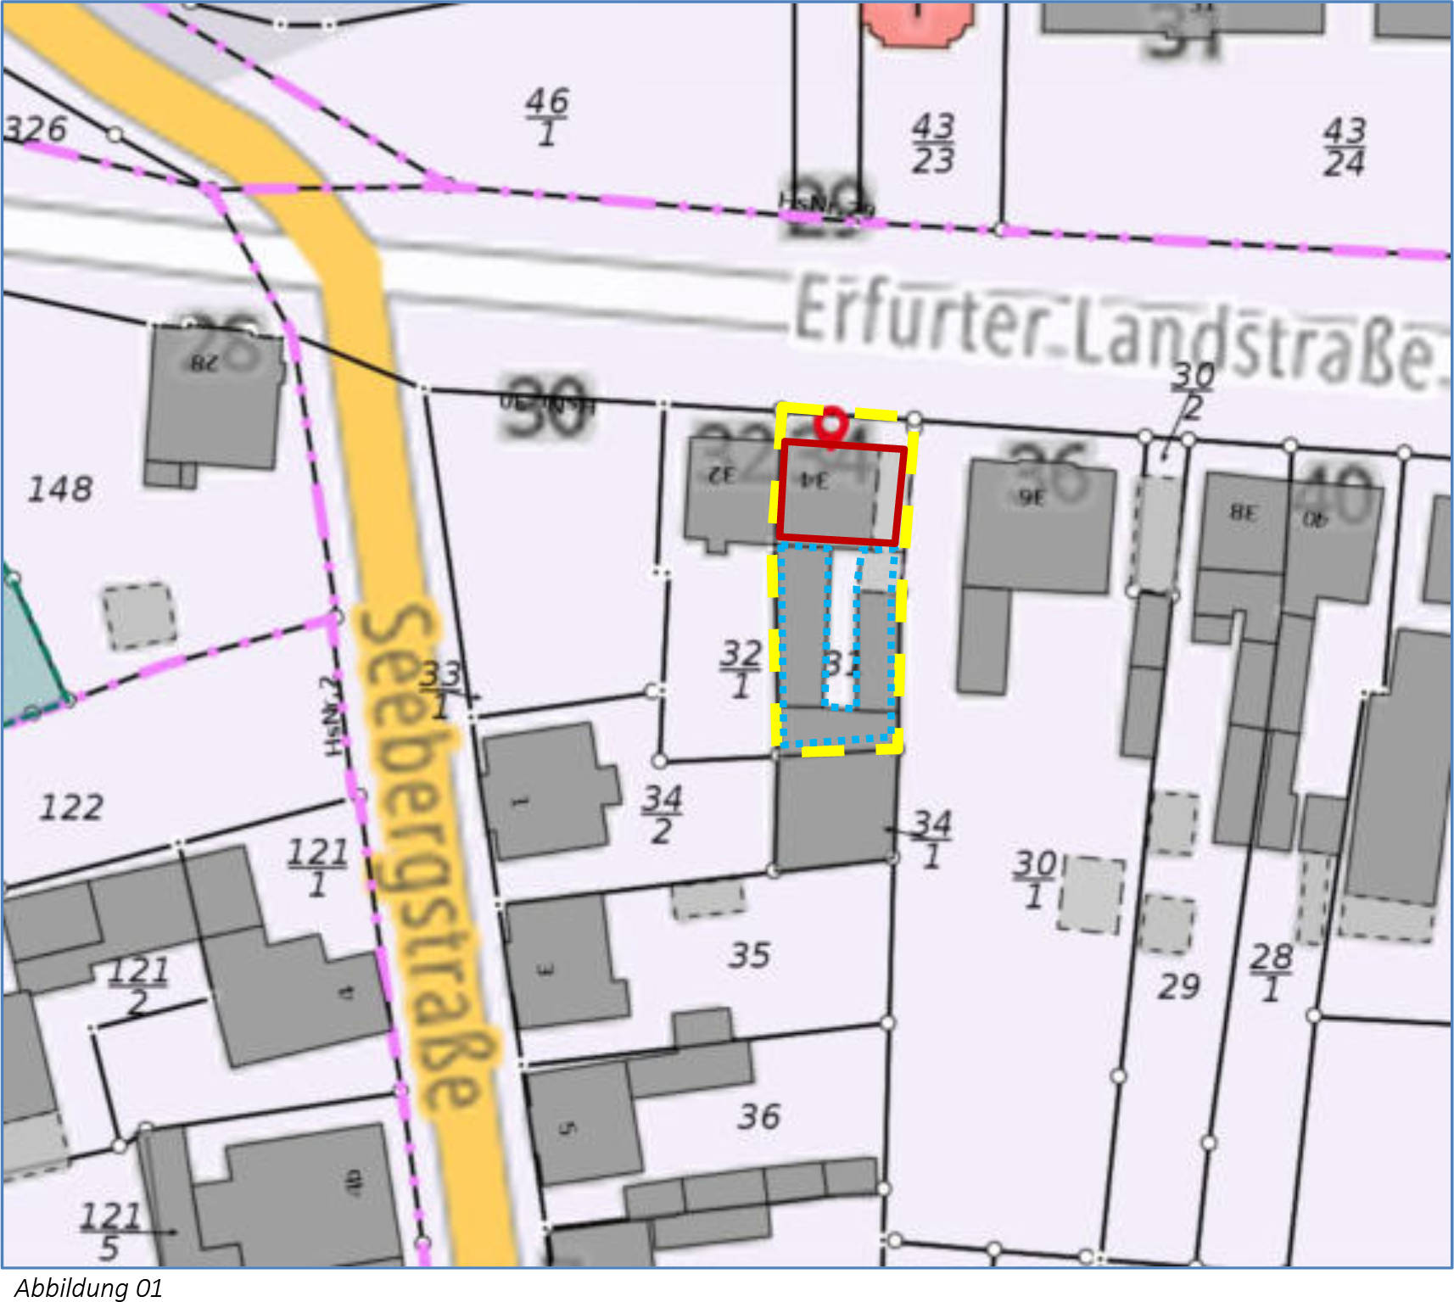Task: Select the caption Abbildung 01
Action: point(88,1288)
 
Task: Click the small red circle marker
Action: point(831,422)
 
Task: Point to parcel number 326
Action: point(36,130)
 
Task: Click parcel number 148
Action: point(60,489)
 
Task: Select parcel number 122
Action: point(72,807)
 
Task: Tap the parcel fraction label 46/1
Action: point(547,117)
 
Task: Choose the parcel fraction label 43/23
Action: point(933,144)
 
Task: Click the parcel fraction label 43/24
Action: point(1345,147)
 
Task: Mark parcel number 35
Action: point(750,956)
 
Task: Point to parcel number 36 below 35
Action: point(758,1116)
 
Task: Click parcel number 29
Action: point(1179,986)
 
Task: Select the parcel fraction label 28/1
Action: point(1271,972)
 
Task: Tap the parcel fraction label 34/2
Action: point(662,813)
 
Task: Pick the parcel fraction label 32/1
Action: point(741,668)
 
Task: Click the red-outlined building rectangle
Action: point(842,492)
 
